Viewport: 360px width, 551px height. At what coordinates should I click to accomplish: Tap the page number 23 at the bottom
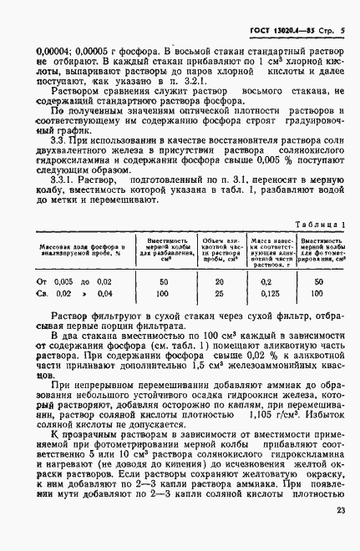coord(340,534)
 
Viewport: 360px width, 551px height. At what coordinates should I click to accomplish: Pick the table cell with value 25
coord(219,294)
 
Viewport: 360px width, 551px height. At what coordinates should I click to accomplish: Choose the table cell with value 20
coord(219,282)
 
